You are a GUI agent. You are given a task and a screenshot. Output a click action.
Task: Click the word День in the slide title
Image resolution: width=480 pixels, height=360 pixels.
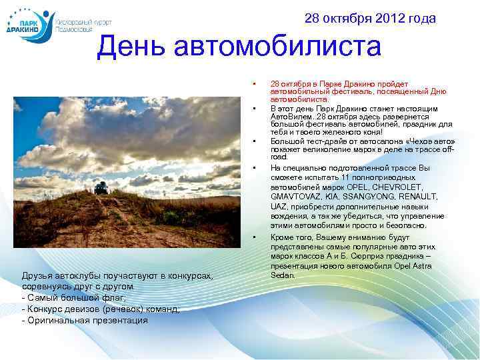tap(131, 47)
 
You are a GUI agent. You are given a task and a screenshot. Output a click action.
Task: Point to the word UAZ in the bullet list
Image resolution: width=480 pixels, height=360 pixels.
tap(279, 207)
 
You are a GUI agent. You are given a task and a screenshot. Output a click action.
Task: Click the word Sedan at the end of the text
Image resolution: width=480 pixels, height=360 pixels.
tap(283, 275)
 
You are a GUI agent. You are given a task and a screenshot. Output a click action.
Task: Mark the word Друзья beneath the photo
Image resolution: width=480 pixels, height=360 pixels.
tap(37, 275)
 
